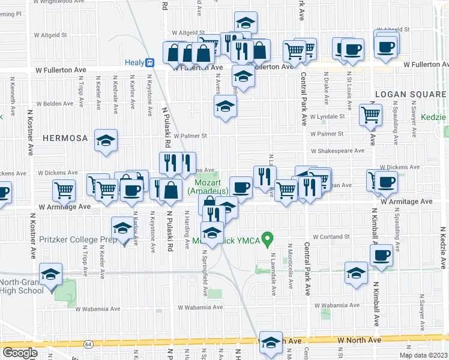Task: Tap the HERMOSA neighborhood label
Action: pyautogui.click(x=65, y=137)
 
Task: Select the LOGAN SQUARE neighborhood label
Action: pyautogui.click(x=410, y=94)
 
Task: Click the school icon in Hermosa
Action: pyautogui.click(x=106, y=142)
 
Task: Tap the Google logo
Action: pyautogui.click(x=20, y=352)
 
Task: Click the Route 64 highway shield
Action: pyautogui.click(x=89, y=344)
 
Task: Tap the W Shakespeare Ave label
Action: pyautogui.click(x=337, y=151)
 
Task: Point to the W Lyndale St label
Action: pyautogui.click(x=327, y=116)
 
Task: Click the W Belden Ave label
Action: pyautogui.click(x=55, y=104)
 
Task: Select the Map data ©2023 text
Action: pyautogui.click(x=423, y=355)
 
